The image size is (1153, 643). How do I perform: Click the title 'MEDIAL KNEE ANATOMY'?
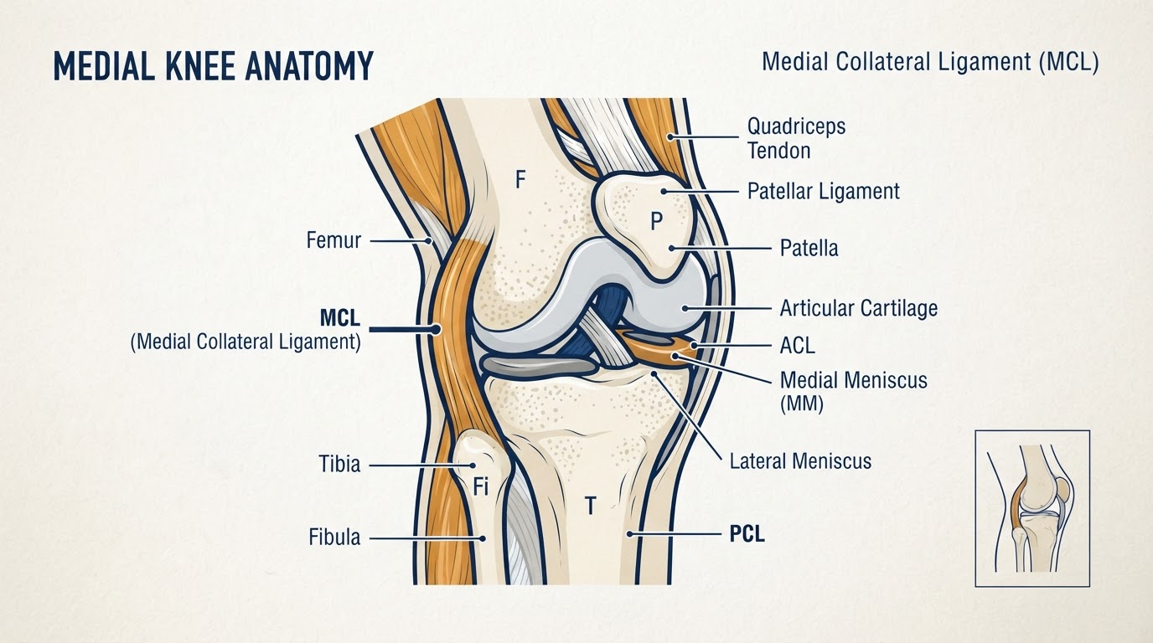tap(213, 66)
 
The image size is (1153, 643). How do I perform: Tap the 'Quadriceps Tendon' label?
tap(796, 138)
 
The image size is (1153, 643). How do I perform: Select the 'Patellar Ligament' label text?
tap(824, 192)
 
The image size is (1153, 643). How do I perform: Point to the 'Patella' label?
tap(809, 248)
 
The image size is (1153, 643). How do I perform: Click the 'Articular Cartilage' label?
tap(859, 308)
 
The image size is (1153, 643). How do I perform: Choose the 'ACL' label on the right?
tap(798, 345)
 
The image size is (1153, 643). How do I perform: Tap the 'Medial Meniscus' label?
tap(853, 381)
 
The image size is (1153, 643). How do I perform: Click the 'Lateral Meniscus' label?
tap(800, 461)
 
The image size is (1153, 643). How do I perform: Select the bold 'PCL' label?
tap(747, 534)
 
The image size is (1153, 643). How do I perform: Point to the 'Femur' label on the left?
tap(333, 240)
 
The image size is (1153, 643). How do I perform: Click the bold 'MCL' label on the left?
tap(339, 318)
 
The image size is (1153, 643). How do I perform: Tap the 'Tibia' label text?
tap(339, 464)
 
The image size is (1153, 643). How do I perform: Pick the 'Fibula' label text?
tap(334, 537)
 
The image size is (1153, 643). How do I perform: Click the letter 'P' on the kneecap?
tap(656, 222)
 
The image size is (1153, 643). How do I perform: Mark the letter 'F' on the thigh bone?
tap(520, 179)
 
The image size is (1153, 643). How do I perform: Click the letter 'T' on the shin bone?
tap(591, 507)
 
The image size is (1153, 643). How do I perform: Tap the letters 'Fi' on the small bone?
tap(480, 486)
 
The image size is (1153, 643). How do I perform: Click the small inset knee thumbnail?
tap(1032, 509)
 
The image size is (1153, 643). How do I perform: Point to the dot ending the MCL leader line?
tap(436, 329)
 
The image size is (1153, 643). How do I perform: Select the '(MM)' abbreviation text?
tap(801, 404)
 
